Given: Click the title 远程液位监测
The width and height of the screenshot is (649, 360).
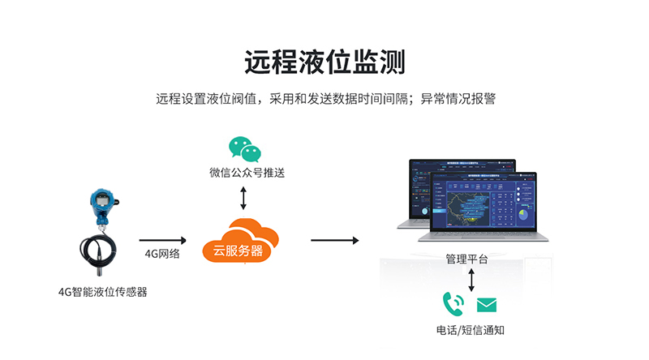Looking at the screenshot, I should pos(324,62).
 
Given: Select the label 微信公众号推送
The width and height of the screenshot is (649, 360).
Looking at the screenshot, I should pos(247,172).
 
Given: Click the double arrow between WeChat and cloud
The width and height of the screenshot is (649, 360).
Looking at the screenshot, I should pos(244,197).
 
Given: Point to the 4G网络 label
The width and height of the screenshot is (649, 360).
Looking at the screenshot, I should pos(162,253).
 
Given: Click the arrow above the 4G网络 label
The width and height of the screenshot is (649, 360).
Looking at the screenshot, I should pos(163,239).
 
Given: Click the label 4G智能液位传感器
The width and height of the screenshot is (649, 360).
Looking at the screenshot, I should pos(102,292).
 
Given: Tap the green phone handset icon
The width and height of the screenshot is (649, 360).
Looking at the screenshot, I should pos(453,304).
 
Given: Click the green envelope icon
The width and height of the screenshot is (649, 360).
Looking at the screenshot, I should pos(486,305).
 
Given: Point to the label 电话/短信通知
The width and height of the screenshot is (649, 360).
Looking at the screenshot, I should pos(470,330).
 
